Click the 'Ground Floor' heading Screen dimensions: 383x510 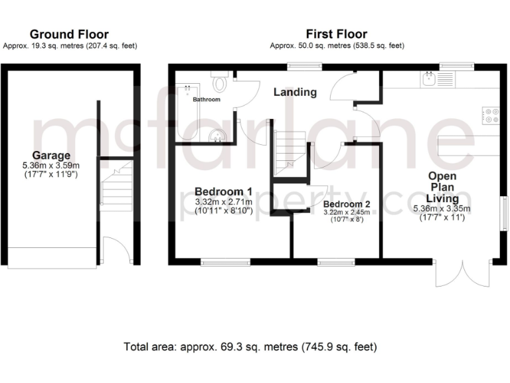[69, 34]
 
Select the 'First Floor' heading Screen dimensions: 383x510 [336, 34]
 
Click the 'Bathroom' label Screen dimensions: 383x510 [207, 100]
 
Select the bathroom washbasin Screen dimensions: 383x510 [217, 136]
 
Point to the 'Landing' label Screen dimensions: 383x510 [295, 92]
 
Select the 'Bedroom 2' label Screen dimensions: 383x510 [347, 203]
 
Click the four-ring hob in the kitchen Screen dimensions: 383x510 [492, 116]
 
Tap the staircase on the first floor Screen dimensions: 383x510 [290, 150]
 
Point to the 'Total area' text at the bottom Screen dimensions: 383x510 [250, 347]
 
